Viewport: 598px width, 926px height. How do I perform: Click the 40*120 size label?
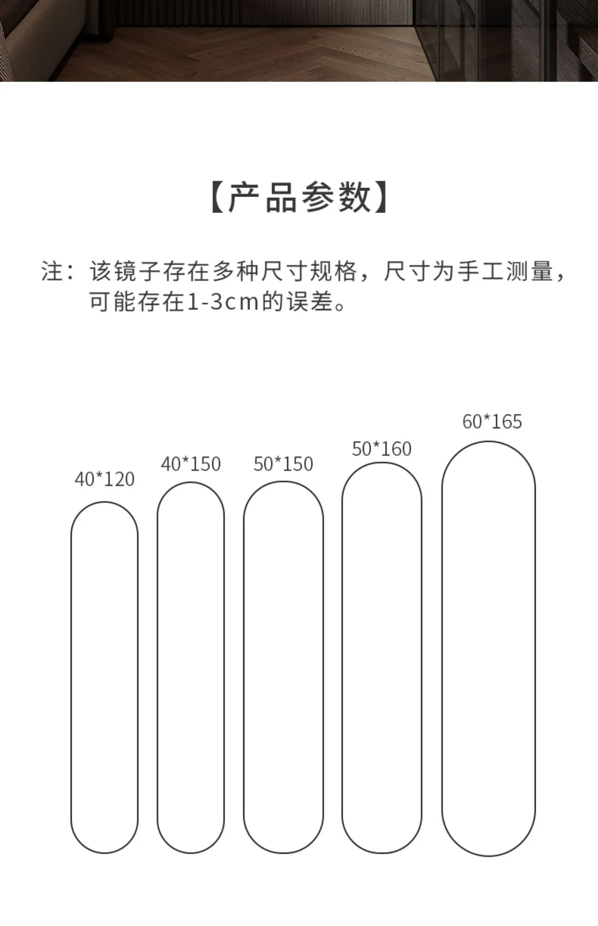[104, 479]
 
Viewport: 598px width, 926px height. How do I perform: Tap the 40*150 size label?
[191, 464]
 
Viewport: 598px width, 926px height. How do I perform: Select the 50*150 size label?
[283, 464]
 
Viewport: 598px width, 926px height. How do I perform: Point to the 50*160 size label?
[382, 449]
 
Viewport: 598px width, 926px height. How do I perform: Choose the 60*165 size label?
[492, 422]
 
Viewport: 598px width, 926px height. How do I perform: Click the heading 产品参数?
[299, 197]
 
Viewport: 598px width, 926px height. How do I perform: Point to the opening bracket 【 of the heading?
[218, 197]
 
